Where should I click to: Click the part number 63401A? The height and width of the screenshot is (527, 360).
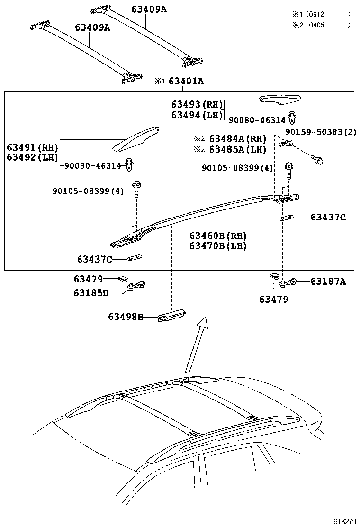click(x=186, y=81)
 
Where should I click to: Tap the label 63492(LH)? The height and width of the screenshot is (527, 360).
click(x=32, y=157)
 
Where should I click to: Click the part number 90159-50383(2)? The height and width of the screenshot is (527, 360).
click(x=321, y=131)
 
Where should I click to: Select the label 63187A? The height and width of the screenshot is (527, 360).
click(x=328, y=282)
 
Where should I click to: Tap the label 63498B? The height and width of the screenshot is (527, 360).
click(x=125, y=317)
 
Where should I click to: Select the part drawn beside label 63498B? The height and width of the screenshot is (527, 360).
click(x=171, y=317)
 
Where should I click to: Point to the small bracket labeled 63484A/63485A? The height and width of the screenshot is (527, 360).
click(x=286, y=143)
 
